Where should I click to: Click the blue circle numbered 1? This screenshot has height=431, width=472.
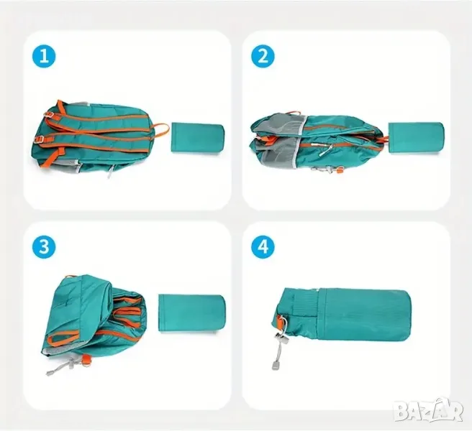44,56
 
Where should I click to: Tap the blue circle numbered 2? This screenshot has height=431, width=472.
263,56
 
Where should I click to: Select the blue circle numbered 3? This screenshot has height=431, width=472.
44,247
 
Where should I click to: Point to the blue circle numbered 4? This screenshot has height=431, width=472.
263,247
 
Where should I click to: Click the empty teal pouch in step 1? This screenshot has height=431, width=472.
197,138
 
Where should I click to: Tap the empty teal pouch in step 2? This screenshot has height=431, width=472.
416,139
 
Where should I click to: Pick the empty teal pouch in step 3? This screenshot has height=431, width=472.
192,313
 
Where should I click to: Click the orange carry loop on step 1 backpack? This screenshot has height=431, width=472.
161,129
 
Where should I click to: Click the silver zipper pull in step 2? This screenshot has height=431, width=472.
326,149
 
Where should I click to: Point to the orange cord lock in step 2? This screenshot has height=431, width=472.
340,171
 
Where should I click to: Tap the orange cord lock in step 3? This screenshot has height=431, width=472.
86,361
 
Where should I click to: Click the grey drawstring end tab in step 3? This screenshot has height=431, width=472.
48,373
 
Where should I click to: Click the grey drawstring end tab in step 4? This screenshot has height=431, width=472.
275,366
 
